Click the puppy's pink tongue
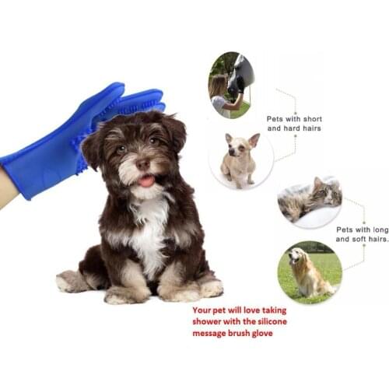tap(145, 180)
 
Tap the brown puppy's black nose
tap(143, 164)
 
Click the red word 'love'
tap(259, 310)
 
